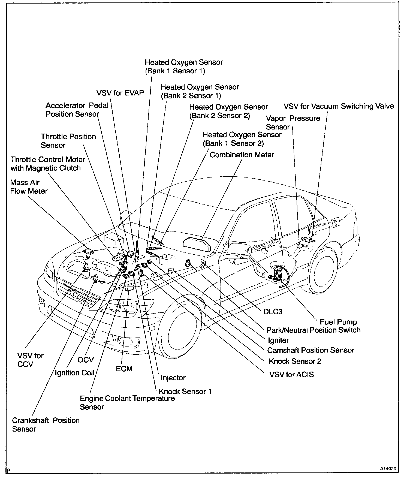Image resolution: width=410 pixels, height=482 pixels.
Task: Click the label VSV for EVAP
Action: tap(120, 93)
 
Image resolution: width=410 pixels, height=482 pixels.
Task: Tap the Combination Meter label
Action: tap(242, 155)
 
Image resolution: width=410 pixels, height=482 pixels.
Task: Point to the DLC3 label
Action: tap(273, 312)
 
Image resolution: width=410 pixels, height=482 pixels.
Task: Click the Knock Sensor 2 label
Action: tap(295, 361)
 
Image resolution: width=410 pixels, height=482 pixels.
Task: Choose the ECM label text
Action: tap(124, 369)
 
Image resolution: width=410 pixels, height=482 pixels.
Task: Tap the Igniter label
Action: tap(278, 340)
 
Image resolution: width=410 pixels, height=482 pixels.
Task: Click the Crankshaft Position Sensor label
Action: tap(46, 424)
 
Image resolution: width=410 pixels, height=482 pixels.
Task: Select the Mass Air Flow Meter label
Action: tap(29, 187)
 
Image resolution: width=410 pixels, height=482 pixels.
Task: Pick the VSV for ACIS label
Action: tap(291, 374)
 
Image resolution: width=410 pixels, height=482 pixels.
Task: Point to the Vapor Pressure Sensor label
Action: tap(293, 123)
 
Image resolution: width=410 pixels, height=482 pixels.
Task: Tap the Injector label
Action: tap(173, 378)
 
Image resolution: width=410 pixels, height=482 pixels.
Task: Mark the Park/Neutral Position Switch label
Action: tap(313, 330)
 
